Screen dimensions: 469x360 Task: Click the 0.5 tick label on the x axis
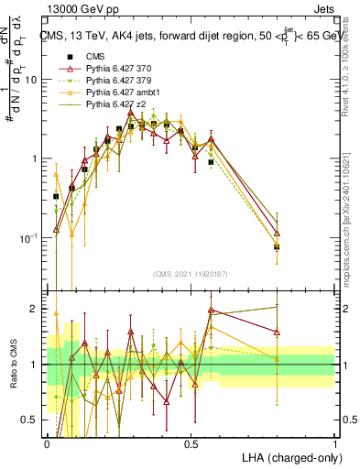click(x=191, y=443)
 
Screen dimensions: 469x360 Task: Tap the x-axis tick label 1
click(x=334, y=443)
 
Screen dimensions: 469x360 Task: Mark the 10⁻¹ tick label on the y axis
click(x=29, y=238)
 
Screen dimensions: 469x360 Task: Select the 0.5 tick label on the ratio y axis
click(x=30, y=420)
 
